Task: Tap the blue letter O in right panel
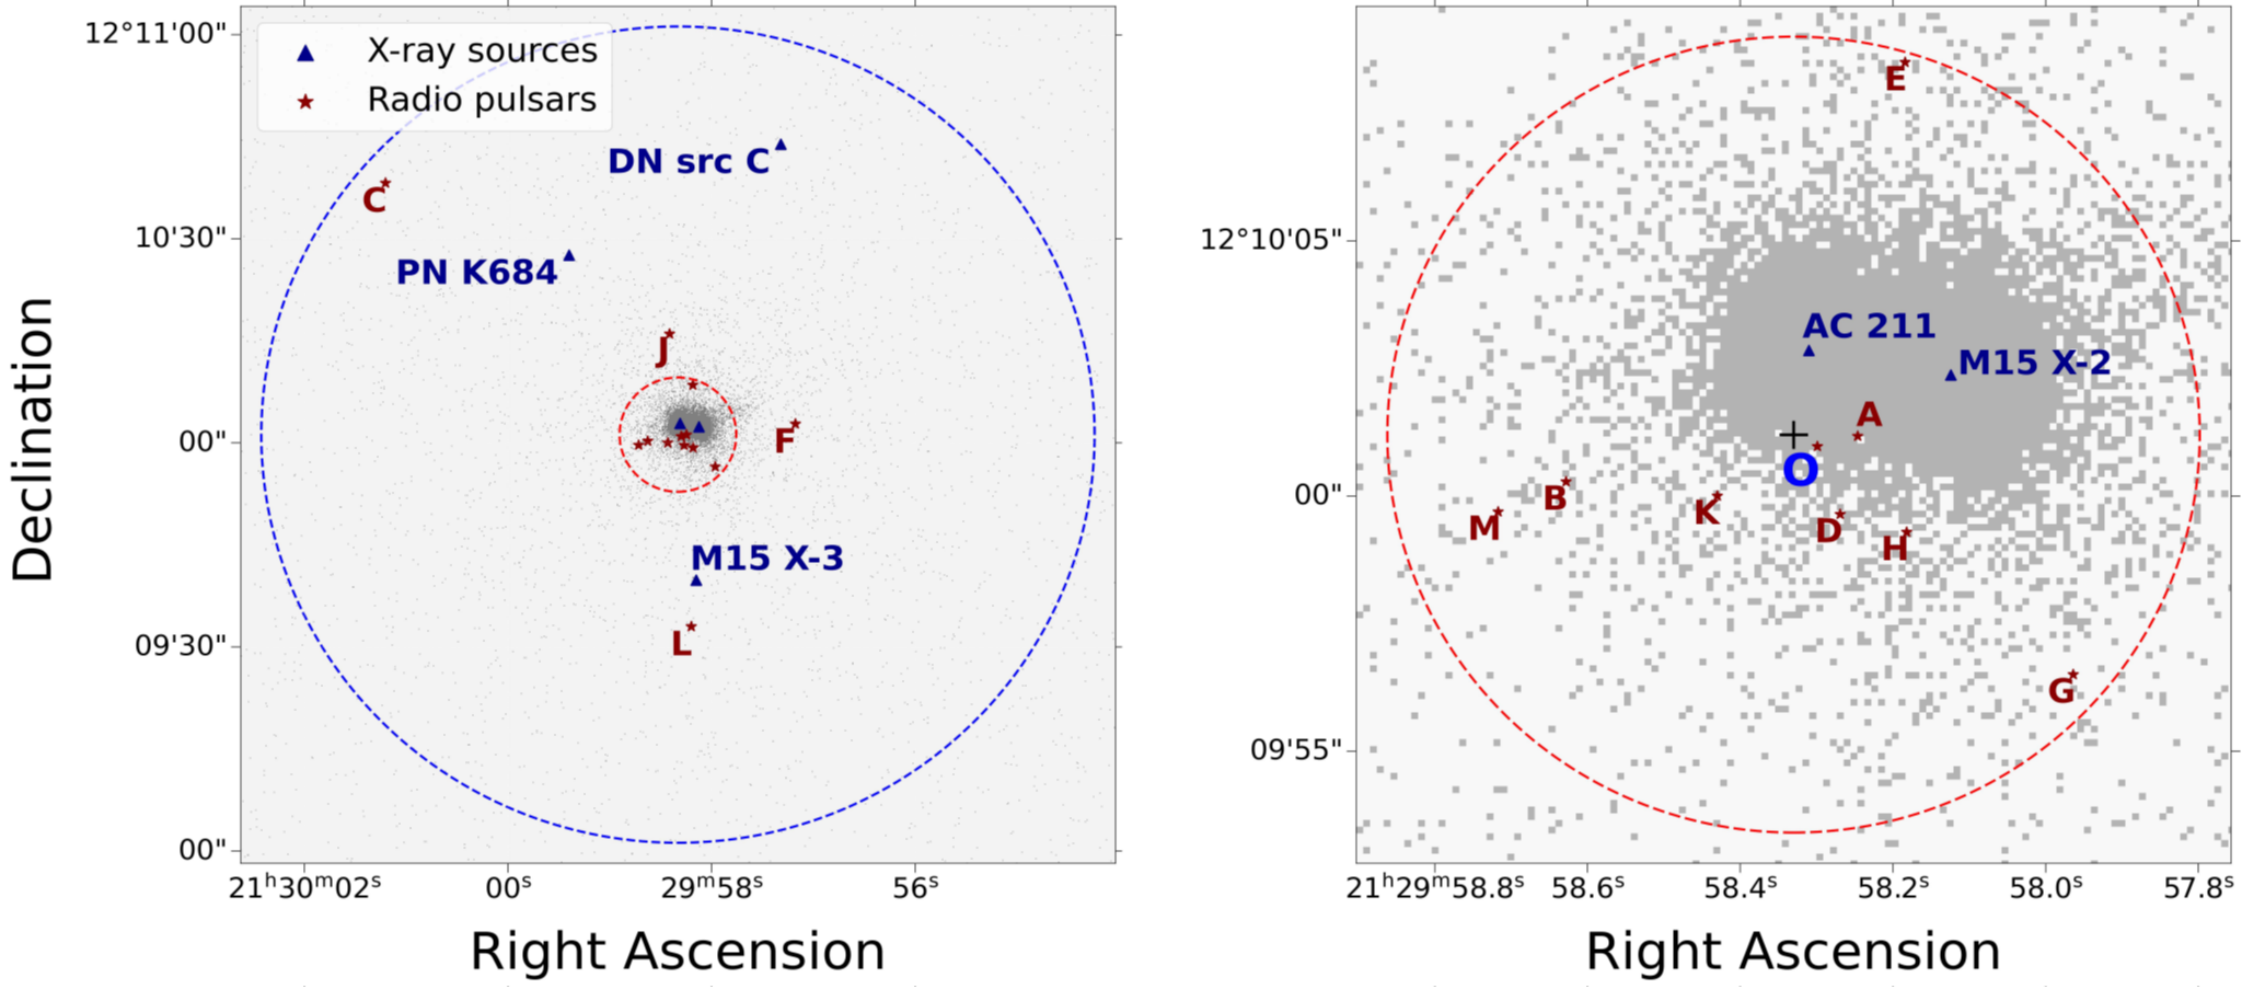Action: tap(1800, 471)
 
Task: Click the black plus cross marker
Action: tap(1793, 434)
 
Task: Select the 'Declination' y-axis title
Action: tap(33, 440)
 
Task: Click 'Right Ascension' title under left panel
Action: tap(677, 951)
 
